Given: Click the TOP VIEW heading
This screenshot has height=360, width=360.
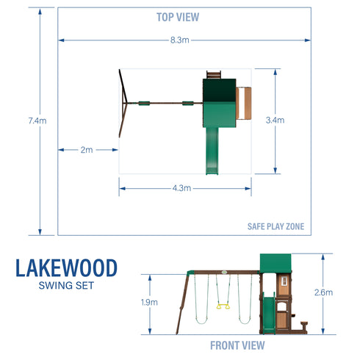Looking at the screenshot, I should tap(178, 16).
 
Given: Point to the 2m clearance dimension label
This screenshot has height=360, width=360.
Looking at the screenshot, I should tap(87, 150).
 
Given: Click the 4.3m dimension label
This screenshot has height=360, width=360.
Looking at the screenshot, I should tap(181, 189).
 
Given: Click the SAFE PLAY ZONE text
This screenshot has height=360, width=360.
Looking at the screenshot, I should tap(276, 226).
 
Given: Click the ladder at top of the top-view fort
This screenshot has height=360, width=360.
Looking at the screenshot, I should tap(214, 74).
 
